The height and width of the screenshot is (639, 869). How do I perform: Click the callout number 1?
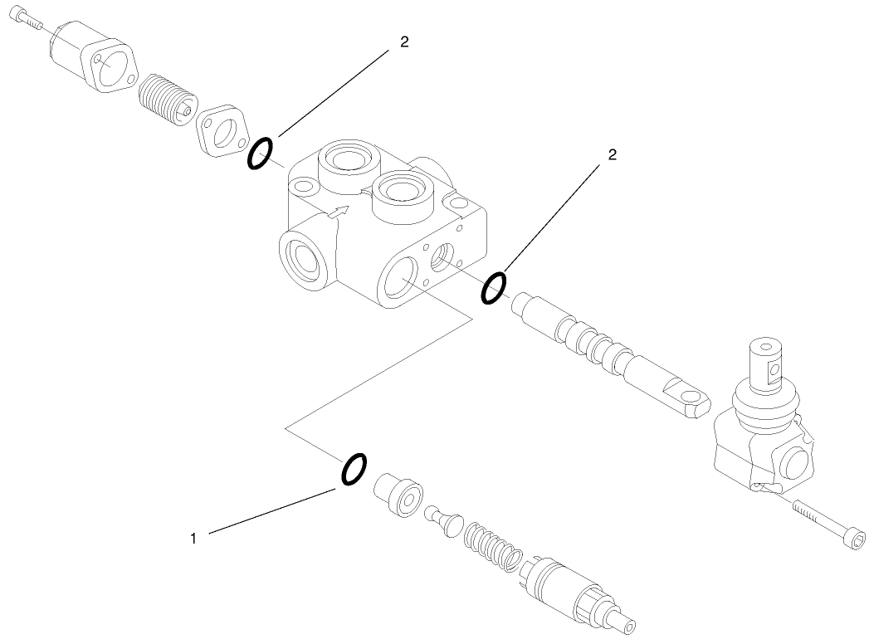tap(193, 539)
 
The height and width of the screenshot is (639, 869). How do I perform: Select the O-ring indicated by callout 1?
tap(354, 468)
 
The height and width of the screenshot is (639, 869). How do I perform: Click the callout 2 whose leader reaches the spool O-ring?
tap(613, 154)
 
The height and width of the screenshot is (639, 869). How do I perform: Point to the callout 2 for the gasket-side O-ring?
tap(404, 42)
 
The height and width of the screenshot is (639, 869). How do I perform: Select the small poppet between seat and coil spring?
tap(445, 519)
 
